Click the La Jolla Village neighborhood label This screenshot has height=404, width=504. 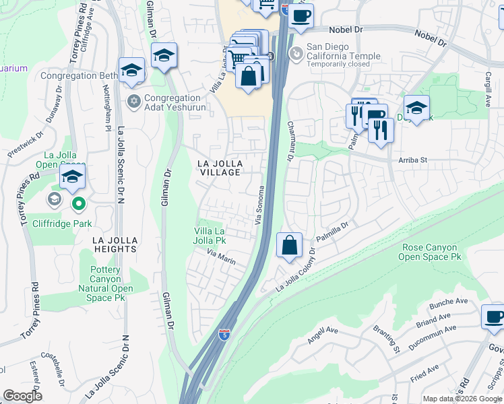coord(218,168)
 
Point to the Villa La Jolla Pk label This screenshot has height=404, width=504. coord(210,236)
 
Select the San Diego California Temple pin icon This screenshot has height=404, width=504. coord(294,52)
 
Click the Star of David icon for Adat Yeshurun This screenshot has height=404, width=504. coord(133,102)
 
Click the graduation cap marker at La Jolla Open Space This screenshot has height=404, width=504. coord(71,178)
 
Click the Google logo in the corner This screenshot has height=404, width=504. coord(23,396)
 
